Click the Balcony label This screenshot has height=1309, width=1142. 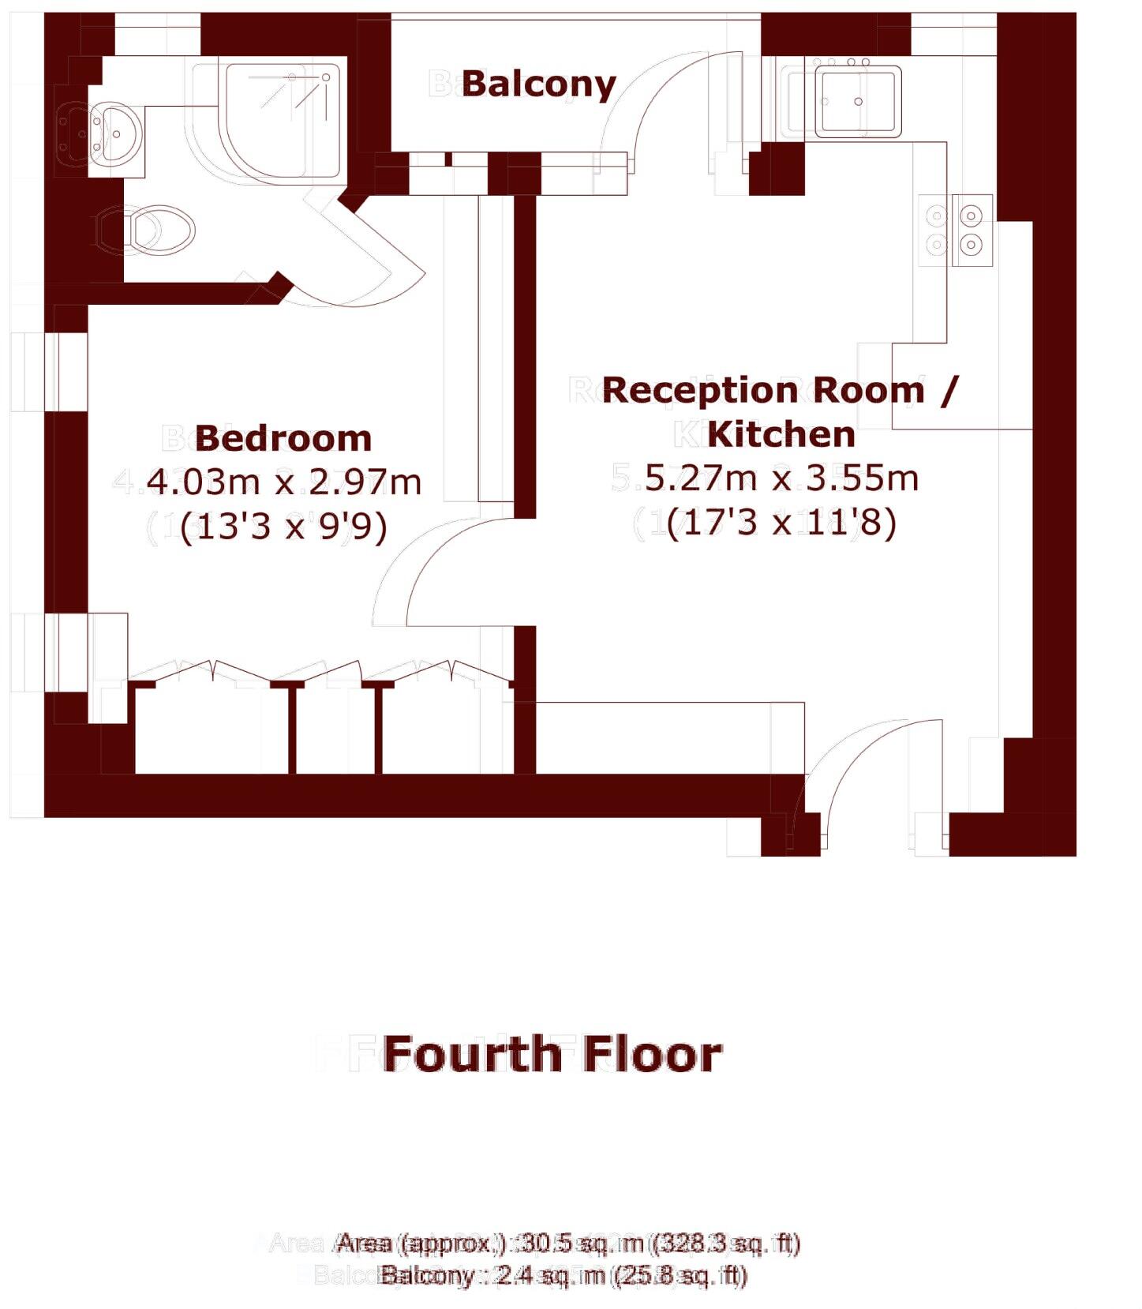pos(538,84)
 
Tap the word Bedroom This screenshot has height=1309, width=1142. pos(283,438)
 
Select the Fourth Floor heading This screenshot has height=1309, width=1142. pos(552,1055)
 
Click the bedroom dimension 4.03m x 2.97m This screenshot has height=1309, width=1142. pos(284,482)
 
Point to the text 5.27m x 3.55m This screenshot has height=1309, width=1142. pos(781,478)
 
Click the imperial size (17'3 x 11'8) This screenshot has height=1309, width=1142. pos(781,523)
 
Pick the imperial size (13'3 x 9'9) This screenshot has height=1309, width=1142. pos(284,526)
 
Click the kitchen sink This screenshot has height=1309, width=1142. pos(857,101)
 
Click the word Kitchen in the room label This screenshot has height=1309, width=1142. pos(781,434)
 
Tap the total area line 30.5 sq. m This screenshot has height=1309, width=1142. pos(568,1243)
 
